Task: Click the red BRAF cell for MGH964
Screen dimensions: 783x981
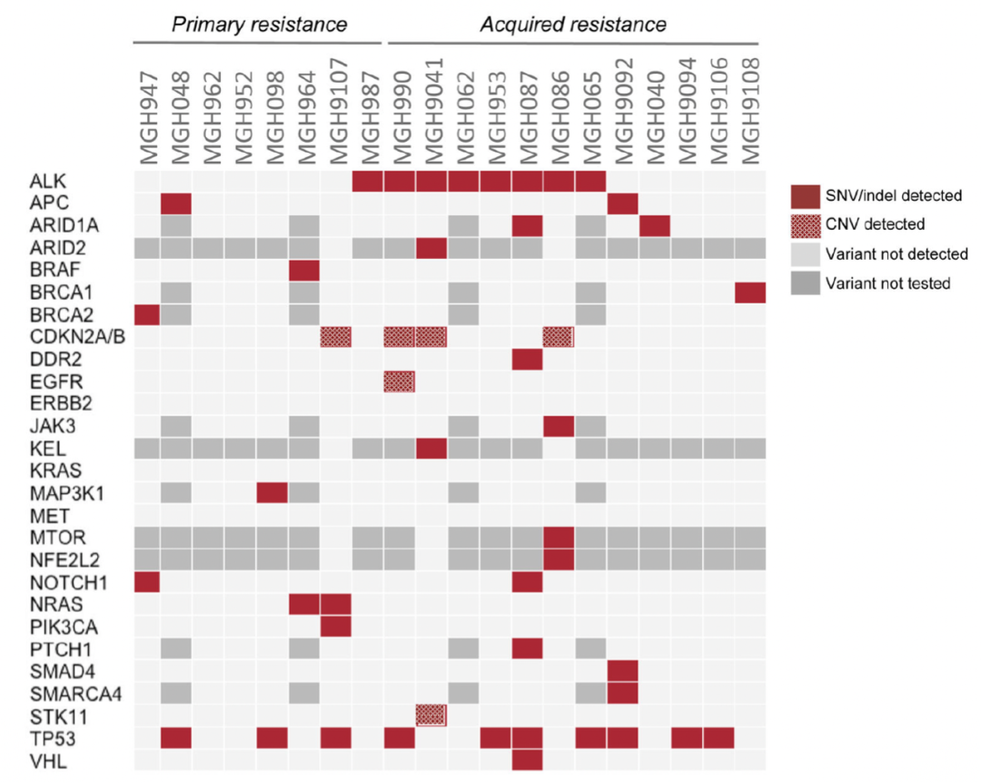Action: click(x=303, y=271)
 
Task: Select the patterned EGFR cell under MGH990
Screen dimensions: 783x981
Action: click(x=399, y=381)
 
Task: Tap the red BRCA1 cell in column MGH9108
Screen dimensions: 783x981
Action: click(x=749, y=292)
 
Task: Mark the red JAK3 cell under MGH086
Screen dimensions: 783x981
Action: click(x=559, y=424)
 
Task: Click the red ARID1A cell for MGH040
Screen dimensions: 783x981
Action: click(x=654, y=226)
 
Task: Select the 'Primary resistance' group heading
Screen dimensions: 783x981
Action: click(x=260, y=25)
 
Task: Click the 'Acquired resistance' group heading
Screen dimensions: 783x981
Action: click(x=573, y=25)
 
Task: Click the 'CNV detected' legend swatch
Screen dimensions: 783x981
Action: click(x=807, y=224)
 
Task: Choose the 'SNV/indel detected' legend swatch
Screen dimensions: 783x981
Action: click(x=807, y=194)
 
